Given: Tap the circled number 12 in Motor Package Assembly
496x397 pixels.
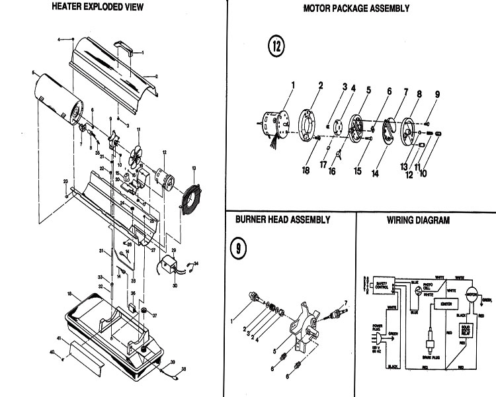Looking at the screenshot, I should click(277, 46).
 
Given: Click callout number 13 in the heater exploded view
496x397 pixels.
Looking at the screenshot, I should click(194, 169).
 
